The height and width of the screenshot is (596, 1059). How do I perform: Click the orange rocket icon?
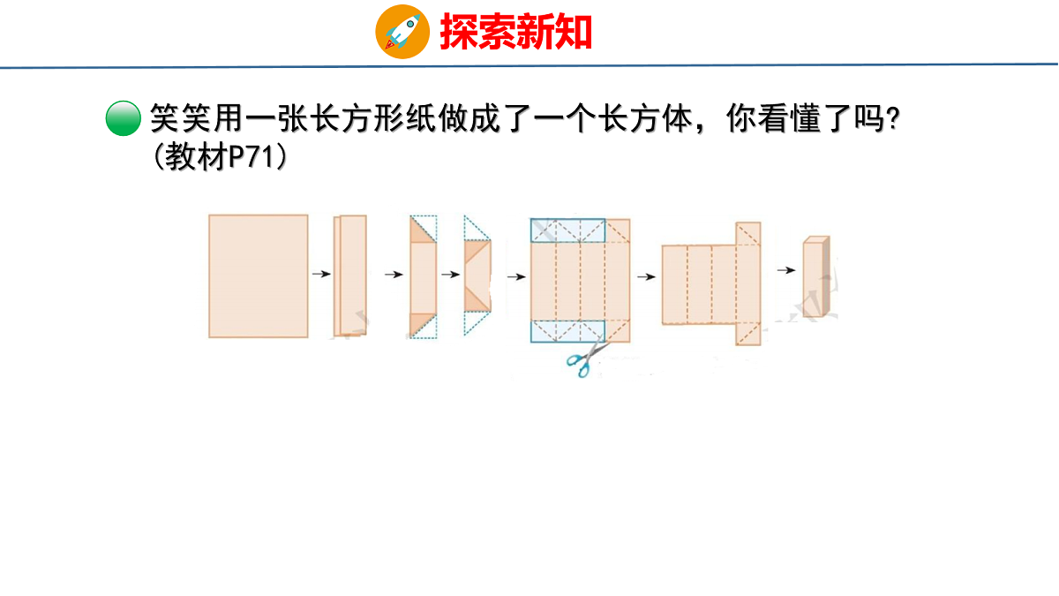click(402, 32)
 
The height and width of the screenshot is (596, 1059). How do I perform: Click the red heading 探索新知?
click(515, 32)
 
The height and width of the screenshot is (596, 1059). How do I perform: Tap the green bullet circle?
click(124, 118)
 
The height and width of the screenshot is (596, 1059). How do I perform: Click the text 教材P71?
click(220, 157)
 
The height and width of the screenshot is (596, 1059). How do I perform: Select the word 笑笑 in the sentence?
click(180, 118)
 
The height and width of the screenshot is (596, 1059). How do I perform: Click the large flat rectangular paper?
click(258, 276)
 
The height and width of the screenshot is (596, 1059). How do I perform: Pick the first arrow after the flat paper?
click(321, 274)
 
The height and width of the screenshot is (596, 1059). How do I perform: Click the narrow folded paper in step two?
click(350, 275)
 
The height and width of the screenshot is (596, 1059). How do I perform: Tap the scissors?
click(587, 358)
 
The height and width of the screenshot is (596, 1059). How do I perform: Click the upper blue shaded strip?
click(567, 230)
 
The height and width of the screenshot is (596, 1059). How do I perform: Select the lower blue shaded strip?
click(567, 331)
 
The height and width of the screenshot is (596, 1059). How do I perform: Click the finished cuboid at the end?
click(816, 276)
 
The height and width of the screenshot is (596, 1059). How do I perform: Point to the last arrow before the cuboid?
click(786, 270)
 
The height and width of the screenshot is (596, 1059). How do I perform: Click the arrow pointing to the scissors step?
click(516, 276)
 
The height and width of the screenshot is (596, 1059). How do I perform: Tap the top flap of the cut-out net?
click(748, 234)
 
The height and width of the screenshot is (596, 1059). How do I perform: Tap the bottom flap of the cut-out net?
click(748, 335)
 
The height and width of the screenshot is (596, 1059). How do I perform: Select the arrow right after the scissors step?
click(646, 276)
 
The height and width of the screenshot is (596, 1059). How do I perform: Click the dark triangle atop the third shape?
click(420, 230)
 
